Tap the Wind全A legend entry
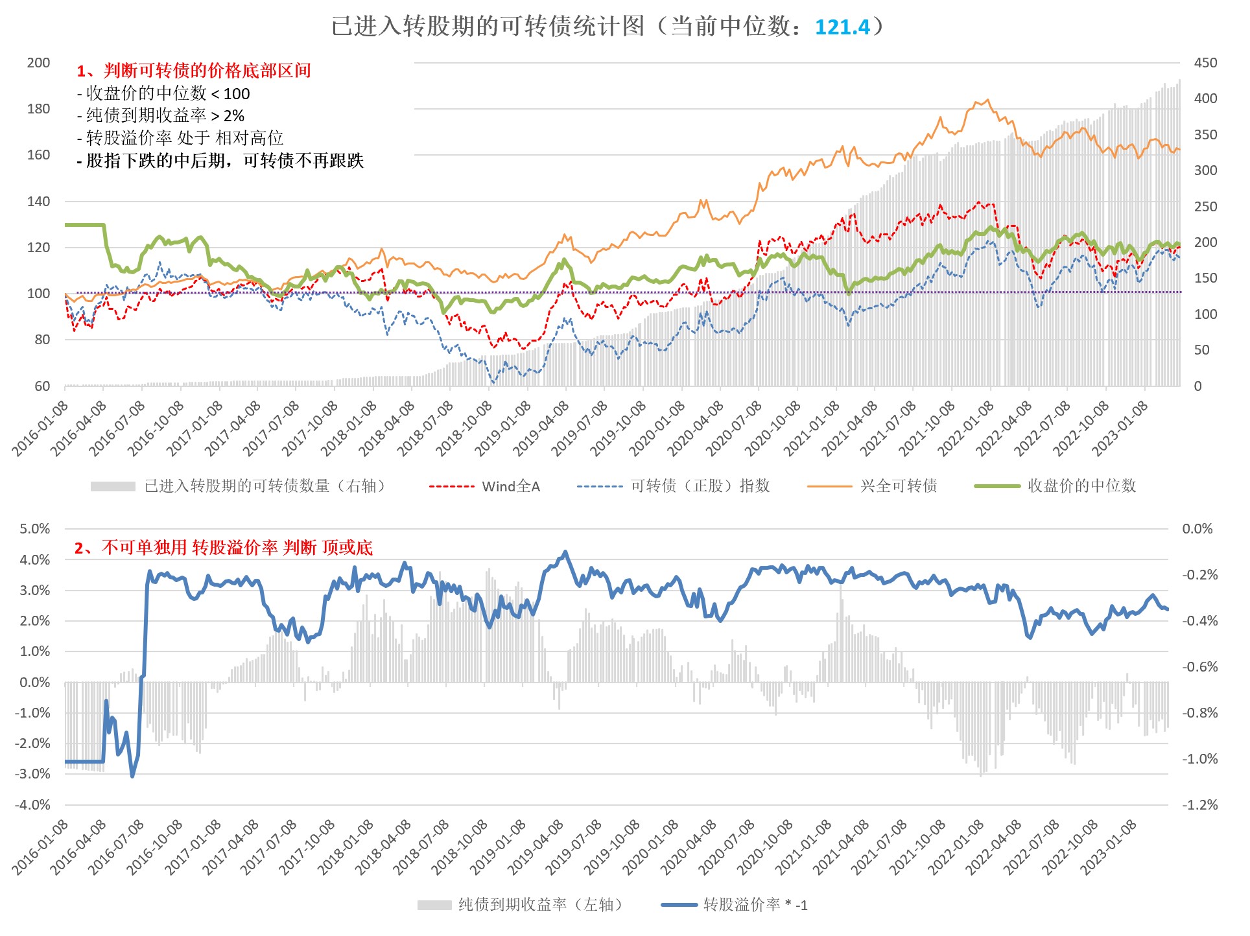(x=510, y=486)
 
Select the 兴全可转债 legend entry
(x=898, y=486)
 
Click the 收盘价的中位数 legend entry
(x=1081, y=486)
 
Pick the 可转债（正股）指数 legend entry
(x=700, y=486)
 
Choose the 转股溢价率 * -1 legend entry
(x=755, y=905)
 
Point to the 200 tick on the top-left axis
(x=38, y=63)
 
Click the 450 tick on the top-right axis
(x=1205, y=63)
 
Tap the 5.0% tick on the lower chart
(x=35, y=529)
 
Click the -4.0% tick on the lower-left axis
(x=32, y=805)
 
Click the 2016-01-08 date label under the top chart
(x=40, y=429)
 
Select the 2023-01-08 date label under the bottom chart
(x=1109, y=848)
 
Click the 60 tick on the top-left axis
(x=42, y=386)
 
